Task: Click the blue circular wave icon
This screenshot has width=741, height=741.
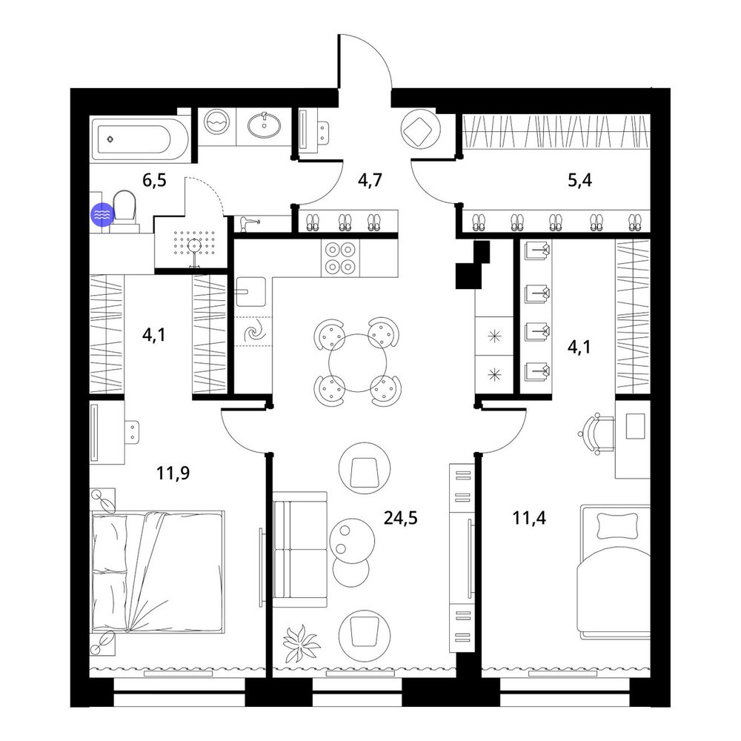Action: [x=102, y=215]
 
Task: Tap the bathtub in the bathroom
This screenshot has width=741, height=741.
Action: [x=139, y=139]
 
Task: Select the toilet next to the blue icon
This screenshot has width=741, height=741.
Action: [x=124, y=211]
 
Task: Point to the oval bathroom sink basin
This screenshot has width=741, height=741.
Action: [x=265, y=124]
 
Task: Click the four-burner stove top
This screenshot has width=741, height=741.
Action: [x=340, y=258]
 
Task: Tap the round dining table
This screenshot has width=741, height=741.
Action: [x=358, y=363]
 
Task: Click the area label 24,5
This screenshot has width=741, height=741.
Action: [x=400, y=519]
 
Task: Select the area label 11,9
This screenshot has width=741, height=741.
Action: [x=173, y=473]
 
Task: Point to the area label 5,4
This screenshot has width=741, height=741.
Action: [x=579, y=181]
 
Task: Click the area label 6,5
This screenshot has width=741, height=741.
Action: [x=155, y=181]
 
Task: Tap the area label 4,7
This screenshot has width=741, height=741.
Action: [x=370, y=181]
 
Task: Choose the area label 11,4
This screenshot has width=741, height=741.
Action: [x=529, y=519]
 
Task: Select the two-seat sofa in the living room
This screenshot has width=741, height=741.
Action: [x=300, y=549]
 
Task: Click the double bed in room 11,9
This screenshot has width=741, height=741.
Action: [x=158, y=571]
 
